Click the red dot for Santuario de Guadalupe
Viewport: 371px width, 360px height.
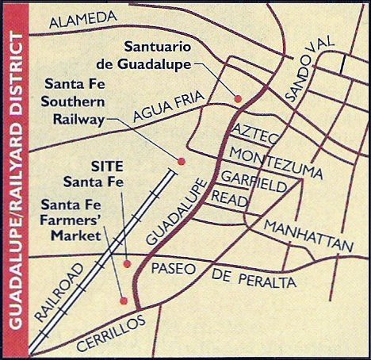pyautogui.click(x=237, y=98)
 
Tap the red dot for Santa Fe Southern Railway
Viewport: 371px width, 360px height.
pyautogui.click(x=181, y=161)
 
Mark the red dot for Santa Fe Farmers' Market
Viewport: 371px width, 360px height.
pyautogui.click(x=123, y=300)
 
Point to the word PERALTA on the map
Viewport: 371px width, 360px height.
pyautogui.click(x=266, y=280)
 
